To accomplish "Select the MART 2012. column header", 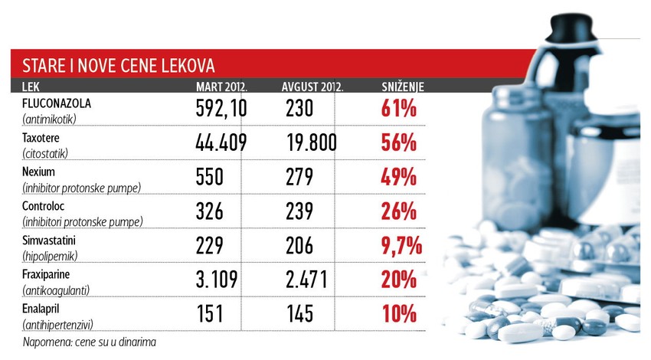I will pos(221,87).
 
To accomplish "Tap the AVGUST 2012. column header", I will pos(312,87).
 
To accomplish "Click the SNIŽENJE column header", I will pos(403,87).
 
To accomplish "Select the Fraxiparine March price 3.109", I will pos(218,279).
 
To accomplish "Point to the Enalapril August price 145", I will pos(297,313).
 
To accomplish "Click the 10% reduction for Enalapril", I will pos(398,313).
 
